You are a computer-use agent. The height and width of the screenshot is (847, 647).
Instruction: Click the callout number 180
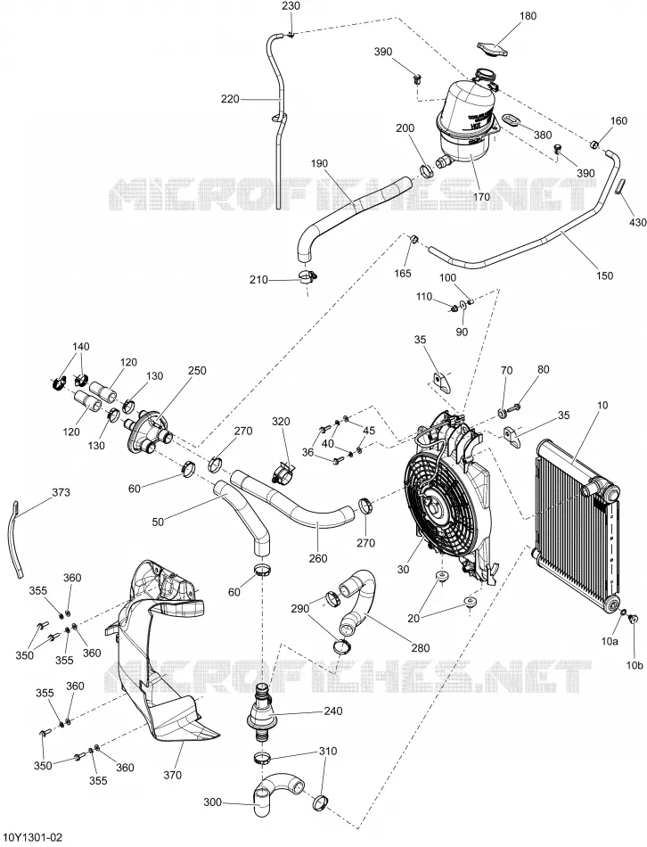tap(528, 16)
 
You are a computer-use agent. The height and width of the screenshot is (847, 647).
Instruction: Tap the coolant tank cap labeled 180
tap(494, 47)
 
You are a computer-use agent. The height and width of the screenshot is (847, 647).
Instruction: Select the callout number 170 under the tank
tap(481, 197)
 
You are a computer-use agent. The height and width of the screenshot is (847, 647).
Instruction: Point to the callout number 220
tap(230, 99)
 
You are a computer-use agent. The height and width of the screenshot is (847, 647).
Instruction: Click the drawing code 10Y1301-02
tap(32, 838)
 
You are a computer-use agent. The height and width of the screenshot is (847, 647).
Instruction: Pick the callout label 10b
tap(635, 665)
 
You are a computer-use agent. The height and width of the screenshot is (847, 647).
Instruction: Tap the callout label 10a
tap(610, 641)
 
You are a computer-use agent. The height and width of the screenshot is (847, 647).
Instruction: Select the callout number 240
tap(332, 711)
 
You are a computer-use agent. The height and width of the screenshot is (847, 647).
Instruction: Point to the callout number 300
tap(213, 802)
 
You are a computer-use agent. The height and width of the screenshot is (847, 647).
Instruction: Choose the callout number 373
tap(61, 493)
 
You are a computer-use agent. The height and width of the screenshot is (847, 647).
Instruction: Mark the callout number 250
tap(197, 371)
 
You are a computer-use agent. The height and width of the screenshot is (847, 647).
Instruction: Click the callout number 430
tap(637, 222)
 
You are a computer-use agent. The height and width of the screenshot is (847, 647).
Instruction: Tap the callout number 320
tap(281, 421)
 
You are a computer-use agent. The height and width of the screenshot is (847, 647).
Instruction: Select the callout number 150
tap(604, 275)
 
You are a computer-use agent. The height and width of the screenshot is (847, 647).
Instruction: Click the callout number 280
tap(421, 647)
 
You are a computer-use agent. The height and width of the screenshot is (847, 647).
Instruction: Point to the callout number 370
tap(173, 775)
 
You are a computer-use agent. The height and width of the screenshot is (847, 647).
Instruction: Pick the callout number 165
tap(417, 273)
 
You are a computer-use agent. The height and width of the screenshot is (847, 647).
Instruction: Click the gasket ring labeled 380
tap(512, 119)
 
